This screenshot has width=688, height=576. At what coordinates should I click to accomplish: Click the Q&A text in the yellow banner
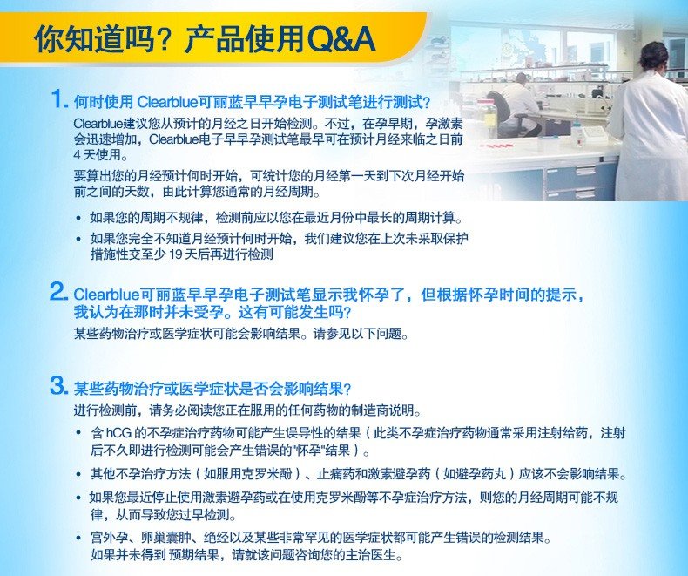[341, 39]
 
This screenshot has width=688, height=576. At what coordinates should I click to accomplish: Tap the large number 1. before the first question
[60, 98]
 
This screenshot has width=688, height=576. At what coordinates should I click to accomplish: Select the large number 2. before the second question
[59, 291]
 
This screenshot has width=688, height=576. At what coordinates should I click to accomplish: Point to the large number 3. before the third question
[59, 385]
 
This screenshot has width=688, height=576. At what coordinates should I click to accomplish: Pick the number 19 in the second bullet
[176, 254]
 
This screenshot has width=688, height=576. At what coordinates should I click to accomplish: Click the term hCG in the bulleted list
[118, 433]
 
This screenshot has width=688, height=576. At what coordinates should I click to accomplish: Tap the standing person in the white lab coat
[650, 123]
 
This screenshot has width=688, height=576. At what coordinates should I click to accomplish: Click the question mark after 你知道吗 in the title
[165, 39]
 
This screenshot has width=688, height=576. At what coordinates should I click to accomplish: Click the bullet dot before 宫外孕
[78, 539]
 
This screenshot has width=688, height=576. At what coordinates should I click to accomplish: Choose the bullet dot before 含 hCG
[78, 433]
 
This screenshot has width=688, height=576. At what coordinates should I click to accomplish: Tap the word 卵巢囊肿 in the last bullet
[165, 538]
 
